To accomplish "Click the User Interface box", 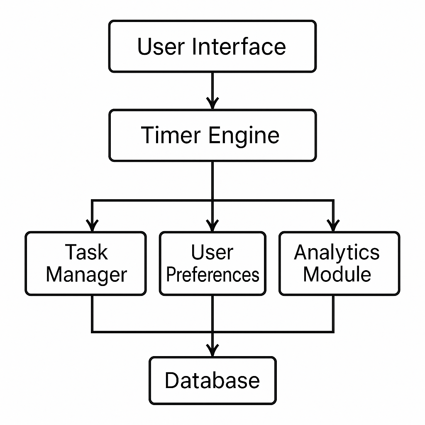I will (212, 46).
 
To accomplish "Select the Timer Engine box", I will (212, 135).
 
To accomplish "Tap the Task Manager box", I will (85, 264).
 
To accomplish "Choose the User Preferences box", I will (212, 264).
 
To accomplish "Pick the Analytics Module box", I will (339, 264).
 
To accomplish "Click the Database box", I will (212, 380).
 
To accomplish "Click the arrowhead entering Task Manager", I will (92, 226).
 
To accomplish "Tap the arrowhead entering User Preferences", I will (212, 226).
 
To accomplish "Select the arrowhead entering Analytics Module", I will (333, 226).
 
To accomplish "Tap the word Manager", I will (86, 275).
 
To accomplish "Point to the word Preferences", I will (212, 275).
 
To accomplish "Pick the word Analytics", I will (337, 253).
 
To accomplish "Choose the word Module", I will (337, 274).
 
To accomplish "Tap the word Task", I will (86, 252).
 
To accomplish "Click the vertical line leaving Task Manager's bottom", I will (92, 313).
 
